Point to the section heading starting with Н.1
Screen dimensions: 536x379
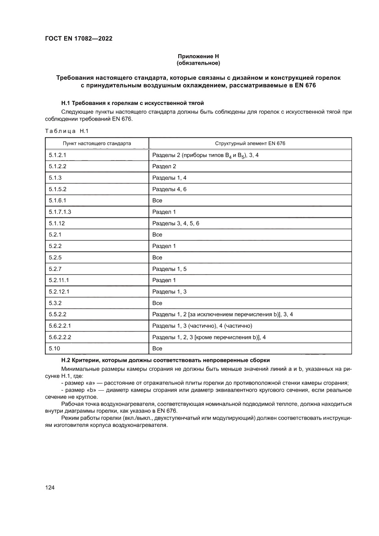click(132, 103)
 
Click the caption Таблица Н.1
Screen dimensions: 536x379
click(66, 132)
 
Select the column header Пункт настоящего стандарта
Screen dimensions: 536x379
click(97, 144)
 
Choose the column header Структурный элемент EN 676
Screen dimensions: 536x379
click(250, 144)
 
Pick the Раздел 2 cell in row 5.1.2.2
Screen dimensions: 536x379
click(164, 166)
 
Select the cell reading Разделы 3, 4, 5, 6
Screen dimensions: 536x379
click(176, 223)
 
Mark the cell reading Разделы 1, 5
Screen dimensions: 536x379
click(169, 269)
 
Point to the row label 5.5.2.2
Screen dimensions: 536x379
click(58, 314)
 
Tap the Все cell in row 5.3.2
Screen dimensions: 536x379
click(157, 303)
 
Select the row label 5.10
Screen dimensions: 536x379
click(54, 348)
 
